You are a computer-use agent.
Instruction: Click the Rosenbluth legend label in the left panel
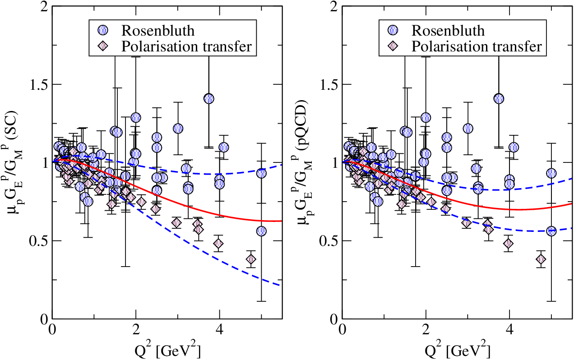(x=157, y=31)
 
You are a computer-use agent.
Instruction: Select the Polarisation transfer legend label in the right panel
(x=477, y=46)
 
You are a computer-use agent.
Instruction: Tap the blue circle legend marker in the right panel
(x=393, y=31)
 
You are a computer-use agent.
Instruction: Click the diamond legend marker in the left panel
(x=103, y=46)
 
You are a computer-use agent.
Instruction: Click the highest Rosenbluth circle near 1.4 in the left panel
(x=209, y=99)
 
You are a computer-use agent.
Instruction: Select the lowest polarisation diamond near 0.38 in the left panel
(x=250, y=259)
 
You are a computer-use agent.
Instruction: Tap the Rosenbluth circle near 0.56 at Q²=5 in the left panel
(x=261, y=231)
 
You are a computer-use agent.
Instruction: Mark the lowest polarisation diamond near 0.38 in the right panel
(x=541, y=259)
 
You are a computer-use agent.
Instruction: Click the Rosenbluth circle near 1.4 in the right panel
(x=499, y=99)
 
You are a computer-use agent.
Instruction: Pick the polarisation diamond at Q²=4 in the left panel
(x=218, y=244)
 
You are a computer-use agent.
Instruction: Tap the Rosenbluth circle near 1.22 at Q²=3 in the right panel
(x=468, y=129)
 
